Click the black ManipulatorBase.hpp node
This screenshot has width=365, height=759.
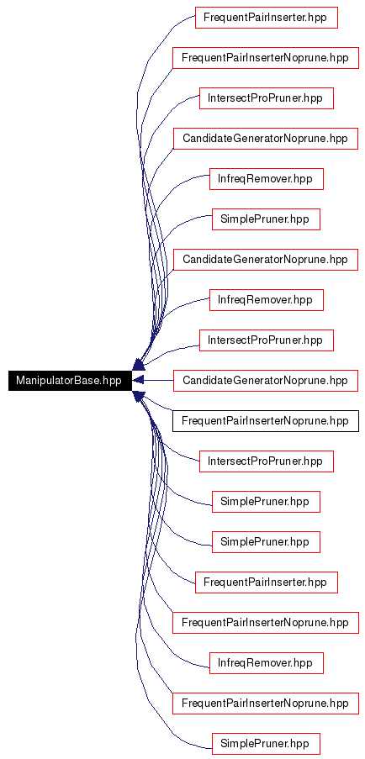70,380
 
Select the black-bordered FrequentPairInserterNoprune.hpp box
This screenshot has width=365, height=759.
265,420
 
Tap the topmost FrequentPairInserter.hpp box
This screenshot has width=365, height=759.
267,18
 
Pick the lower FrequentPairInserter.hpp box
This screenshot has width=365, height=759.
267,582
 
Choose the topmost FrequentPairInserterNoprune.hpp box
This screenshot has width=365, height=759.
265,58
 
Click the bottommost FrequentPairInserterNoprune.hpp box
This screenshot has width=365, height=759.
265,703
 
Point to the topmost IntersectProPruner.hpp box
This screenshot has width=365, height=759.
267,98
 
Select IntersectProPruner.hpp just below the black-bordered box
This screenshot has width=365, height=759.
267,461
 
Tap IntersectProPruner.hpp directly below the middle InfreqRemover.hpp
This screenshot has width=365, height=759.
267,340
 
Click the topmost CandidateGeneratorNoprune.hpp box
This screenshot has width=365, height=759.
265,139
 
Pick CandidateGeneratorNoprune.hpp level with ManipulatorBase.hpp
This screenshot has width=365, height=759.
265,380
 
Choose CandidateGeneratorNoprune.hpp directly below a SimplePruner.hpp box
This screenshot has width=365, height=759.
265,260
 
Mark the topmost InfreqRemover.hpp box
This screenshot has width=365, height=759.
267,179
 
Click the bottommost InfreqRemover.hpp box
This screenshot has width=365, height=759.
267,662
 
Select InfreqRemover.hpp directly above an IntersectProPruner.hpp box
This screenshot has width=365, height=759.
267,299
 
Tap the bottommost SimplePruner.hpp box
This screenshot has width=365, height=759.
267,743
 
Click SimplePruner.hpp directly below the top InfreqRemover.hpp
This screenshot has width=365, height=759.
267,219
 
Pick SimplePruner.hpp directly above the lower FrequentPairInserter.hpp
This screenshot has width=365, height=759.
267,541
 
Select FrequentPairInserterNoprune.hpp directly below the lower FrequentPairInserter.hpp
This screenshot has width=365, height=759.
265,622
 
